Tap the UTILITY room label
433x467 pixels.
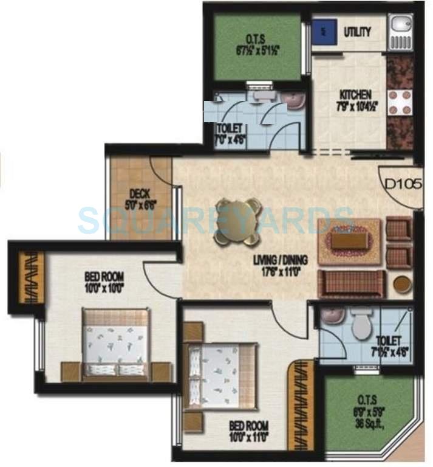click(358, 32)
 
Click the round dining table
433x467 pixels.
click(237, 222)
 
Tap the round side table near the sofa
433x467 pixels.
click(401, 285)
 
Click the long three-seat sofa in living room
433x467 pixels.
click(352, 285)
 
